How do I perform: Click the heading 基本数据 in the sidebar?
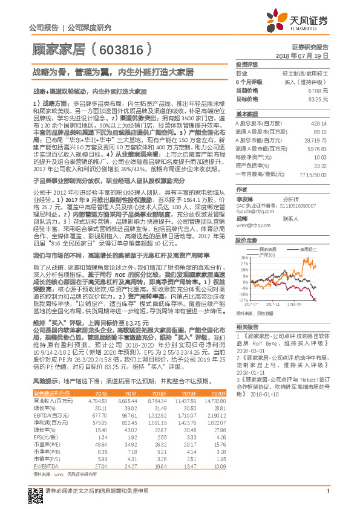coord(247,114)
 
